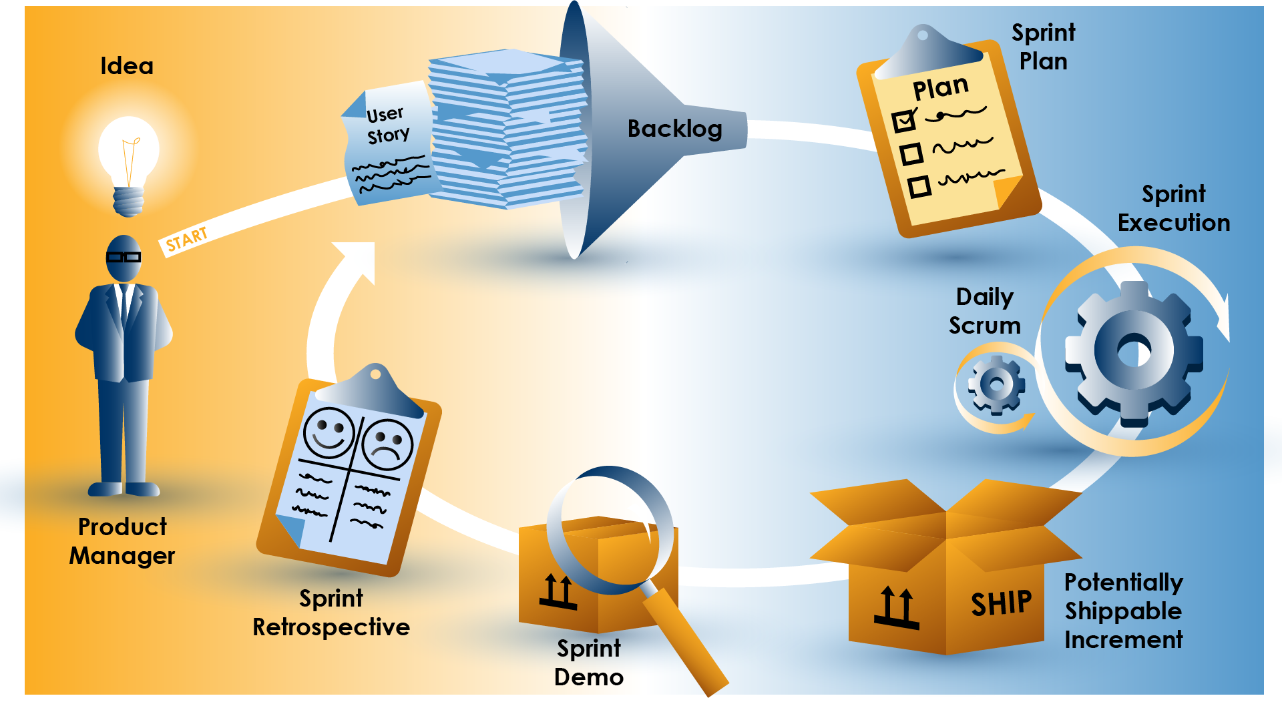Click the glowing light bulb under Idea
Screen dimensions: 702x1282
129,157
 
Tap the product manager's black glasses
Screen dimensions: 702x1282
124,257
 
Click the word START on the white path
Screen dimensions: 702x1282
186,240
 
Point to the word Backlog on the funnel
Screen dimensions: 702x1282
674,129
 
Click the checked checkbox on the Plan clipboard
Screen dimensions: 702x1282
905,121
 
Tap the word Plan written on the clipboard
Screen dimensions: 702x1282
940,87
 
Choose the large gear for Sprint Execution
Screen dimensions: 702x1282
1133,352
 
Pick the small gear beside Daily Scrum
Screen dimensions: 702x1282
996,384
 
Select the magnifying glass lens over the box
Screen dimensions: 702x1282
610,531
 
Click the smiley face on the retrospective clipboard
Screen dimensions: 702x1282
329,432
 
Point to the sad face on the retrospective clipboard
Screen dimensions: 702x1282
387,443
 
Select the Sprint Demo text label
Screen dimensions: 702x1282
589,662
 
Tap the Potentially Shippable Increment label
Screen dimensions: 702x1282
1123,611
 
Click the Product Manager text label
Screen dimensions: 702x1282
122,541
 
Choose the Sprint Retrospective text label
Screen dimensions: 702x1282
331,613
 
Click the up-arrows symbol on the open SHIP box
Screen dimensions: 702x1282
896,607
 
